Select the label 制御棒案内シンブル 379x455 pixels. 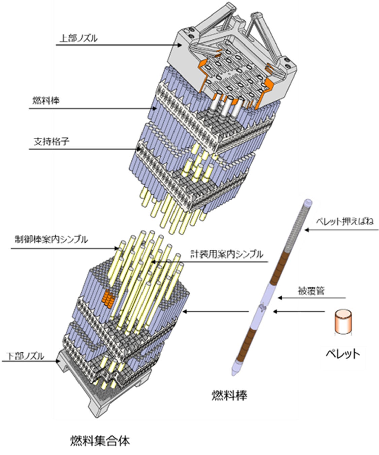click(x=51, y=240)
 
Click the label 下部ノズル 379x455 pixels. click(x=26, y=356)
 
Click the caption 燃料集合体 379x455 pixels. click(x=100, y=441)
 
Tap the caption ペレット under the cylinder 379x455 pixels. click(x=343, y=354)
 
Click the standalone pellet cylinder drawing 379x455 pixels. click(x=343, y=323)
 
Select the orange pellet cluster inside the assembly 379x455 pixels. click(x=108, y=299)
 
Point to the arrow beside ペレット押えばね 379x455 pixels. click(x=340, y=230)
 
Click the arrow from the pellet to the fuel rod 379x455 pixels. click(x=300, y=312)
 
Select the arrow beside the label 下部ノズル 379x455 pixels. click(x=30, y=361)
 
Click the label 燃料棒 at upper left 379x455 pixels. click(x=45, y=100)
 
